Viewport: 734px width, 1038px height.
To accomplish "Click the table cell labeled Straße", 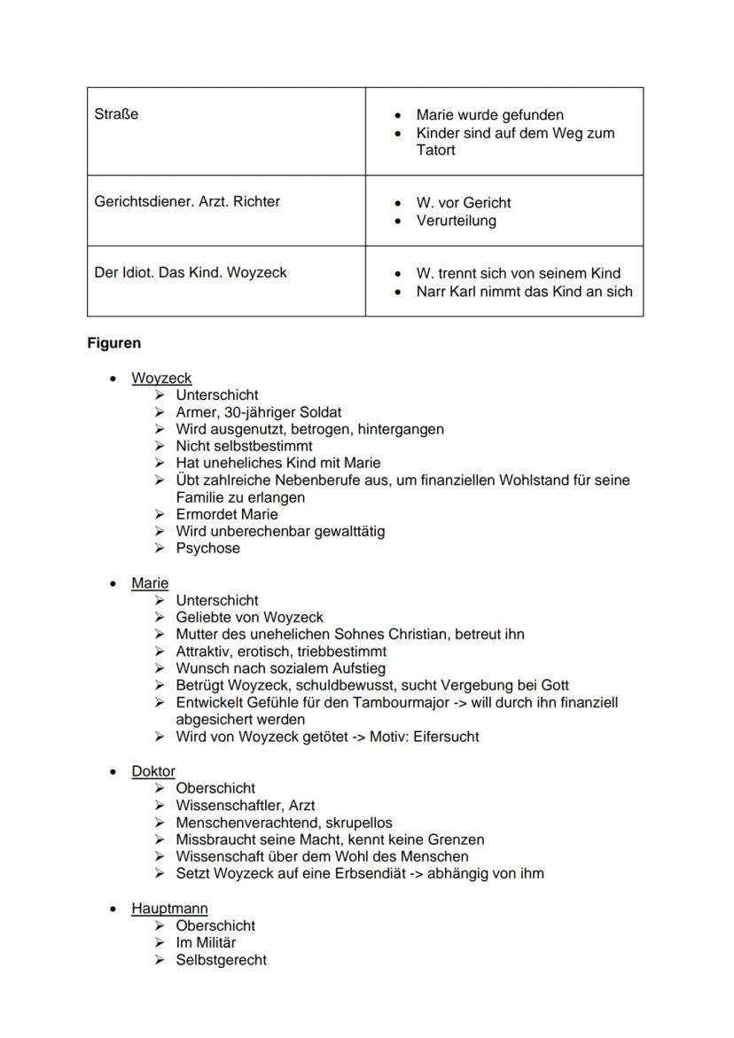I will pyautogui.click(x=116, y=114).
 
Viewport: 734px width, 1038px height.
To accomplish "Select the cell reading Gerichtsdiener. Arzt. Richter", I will pyautogui.click(x=187, y=201).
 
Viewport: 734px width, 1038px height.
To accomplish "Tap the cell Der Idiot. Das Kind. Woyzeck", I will pyautogui.click(x=191, y=272).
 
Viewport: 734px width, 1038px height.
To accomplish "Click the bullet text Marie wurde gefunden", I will pyautogui.click(x=489, y=115).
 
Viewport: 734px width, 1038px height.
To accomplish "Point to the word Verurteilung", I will pyautogui.click(x=457, y=221).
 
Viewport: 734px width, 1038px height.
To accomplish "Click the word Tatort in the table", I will pyautogui.click(x=436, y=150).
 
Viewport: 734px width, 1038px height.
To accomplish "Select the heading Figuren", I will pyautogui.click(x=113, y=342).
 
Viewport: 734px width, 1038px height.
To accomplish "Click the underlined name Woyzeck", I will pyautogui.click(x=161, y=378).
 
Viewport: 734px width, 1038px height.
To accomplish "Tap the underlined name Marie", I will pyautogui.click(x=150, y=583).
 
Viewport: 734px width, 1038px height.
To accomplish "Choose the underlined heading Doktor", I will pyautogui.click(x=153, y=771).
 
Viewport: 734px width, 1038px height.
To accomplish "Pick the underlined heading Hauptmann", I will pyautogui.click(x=169, y=909).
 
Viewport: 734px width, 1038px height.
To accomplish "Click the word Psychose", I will pyautogui.click(x=207, y=548).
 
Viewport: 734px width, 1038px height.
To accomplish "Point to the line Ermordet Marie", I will pyautogui.click(x=226, y=514).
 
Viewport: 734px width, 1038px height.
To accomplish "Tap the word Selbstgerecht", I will pyautogui.click(x=221, y=959).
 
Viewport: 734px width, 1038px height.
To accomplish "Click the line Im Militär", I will pyautogui.click(x=206, y=942).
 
